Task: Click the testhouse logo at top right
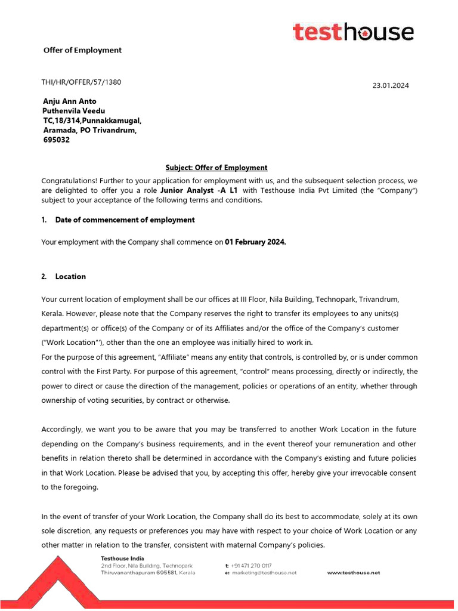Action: click(x=353, y=32)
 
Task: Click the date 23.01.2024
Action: click(x=391, y=85)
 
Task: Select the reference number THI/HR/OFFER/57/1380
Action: click(x=81, y=82)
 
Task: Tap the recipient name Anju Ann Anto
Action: click(x=69, y=101)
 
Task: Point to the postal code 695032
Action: click(x=56, y=140)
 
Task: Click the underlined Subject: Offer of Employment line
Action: click(x=216, y=168)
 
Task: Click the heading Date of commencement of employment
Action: click(x=125, y=220)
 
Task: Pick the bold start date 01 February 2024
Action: click(x=255, y=242)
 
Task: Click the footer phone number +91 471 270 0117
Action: click(x=251, y=565)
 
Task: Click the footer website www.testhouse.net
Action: click(x=353, y=573)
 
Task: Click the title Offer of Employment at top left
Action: click(x=82, y=50)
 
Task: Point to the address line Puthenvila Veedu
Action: click(x=73, y=110)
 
